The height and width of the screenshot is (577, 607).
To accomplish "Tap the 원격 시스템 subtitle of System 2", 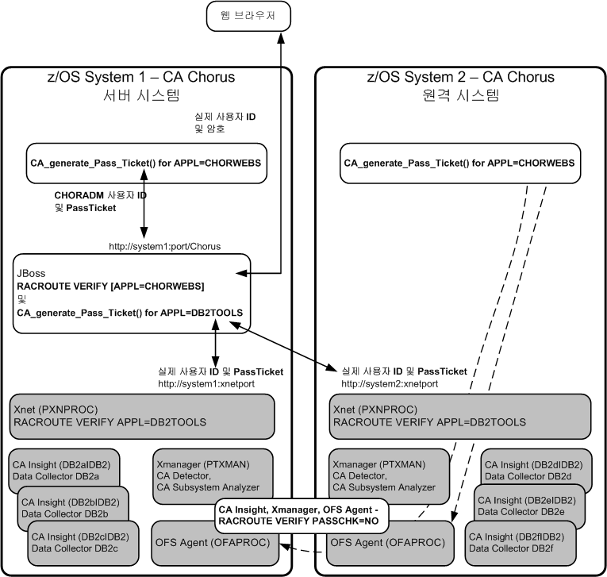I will tap(461, 97).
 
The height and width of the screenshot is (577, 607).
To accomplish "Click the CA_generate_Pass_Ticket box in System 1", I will tap(145, 164).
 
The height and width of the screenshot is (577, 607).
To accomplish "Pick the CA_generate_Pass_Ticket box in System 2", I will tap(459, 164).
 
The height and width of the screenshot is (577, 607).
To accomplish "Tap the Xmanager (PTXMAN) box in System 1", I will tap(211, 475).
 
